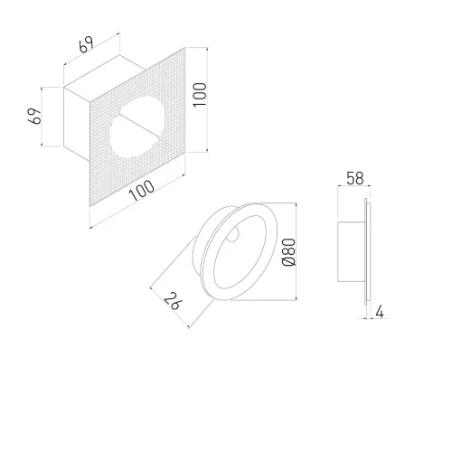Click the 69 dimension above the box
coord(86,45)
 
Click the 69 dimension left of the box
coord(34,116)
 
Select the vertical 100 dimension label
coord(200,94)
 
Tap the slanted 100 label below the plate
coord(142,191)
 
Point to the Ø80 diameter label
coord(289,252)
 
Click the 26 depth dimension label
coord(173,301)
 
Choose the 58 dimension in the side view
coord(355,178)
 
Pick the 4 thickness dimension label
coord(380,312)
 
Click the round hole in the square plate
coord(137,127)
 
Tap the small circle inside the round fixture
coord(232,234)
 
